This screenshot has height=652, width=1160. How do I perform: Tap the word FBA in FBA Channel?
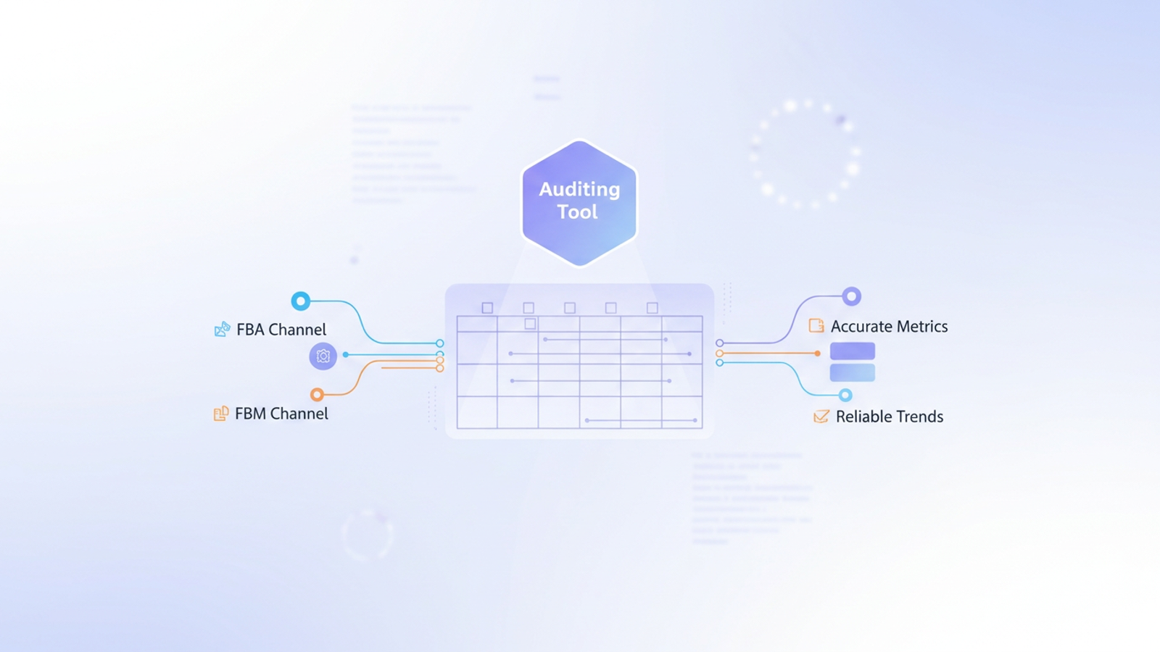pos(250,330)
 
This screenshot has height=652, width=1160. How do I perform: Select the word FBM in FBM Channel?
pos(250,414)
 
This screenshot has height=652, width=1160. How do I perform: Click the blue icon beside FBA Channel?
pos(222,330)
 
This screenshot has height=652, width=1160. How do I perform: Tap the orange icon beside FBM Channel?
pos(221,414)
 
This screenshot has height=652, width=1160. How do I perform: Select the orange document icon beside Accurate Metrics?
pos(816,326)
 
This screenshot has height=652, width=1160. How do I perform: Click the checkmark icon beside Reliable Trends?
pos(821,417)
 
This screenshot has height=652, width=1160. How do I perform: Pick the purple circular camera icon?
pos(323,356)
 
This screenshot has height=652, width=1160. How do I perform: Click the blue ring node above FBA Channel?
pos(301,301)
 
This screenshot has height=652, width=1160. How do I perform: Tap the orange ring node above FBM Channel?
pos(317,395)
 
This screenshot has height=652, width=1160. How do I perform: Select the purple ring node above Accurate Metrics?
pos(852,296)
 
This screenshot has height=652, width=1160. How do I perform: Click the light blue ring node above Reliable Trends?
pos(845,395)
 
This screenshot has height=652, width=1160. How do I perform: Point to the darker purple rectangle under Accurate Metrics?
pos(853,351)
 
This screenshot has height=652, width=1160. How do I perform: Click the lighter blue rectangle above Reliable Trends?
pos(853,373)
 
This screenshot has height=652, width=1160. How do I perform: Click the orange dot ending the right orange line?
pos(818,354)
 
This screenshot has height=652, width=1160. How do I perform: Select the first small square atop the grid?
pos(487,308)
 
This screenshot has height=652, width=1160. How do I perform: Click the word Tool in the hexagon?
pos(578,212)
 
